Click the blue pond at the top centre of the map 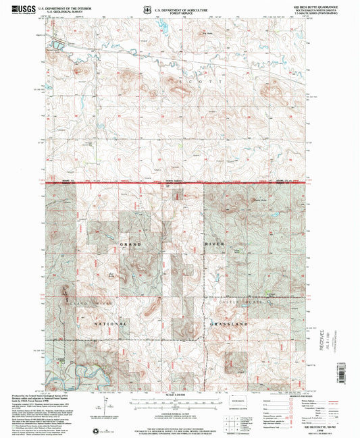[162, 28]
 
